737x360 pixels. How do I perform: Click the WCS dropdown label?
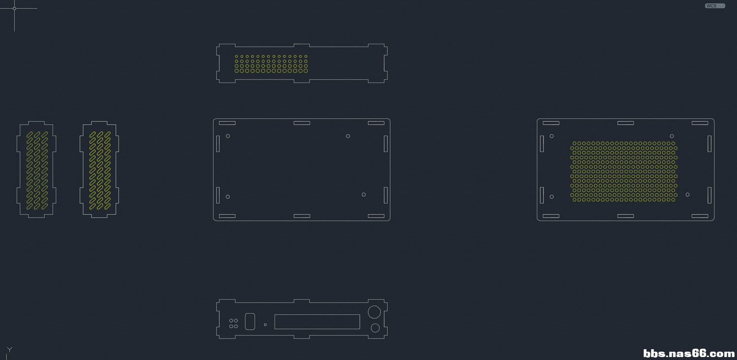[x=711, y=6]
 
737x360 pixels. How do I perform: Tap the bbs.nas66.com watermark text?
[x=689, y=353]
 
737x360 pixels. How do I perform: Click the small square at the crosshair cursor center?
[x=14, y=8]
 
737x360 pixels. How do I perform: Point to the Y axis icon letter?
[x=9, y=350]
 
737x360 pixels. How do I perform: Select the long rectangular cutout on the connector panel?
[x=317, y=322]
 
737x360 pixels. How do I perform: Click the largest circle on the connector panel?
[x=374, y=312]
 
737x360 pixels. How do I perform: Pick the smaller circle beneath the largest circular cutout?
[x=375, y=328]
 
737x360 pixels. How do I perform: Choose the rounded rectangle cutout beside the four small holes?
[x=250, y=322]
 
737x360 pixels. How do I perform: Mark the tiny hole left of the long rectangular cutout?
[x=265, y=325]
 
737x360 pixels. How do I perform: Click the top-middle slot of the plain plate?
[x=302, y=123]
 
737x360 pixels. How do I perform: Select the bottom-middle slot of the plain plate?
[x=302, y=216]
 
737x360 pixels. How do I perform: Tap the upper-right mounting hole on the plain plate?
[x=348, y=136]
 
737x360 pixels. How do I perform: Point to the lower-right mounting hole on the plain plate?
[x=364, y=194]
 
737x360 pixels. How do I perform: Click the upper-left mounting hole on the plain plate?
[x=228, y=136]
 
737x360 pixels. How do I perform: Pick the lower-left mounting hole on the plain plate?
[x=228, y=196]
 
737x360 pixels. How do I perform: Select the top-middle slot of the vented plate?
[x=625, y=123]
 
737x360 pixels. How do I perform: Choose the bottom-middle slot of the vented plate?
[x=625, y=216]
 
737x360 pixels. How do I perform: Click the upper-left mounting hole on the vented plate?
[x=552, y=136]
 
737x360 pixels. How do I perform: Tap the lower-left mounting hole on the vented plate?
[x=552, y=196]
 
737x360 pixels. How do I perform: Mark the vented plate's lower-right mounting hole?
[x=687, y=194]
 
